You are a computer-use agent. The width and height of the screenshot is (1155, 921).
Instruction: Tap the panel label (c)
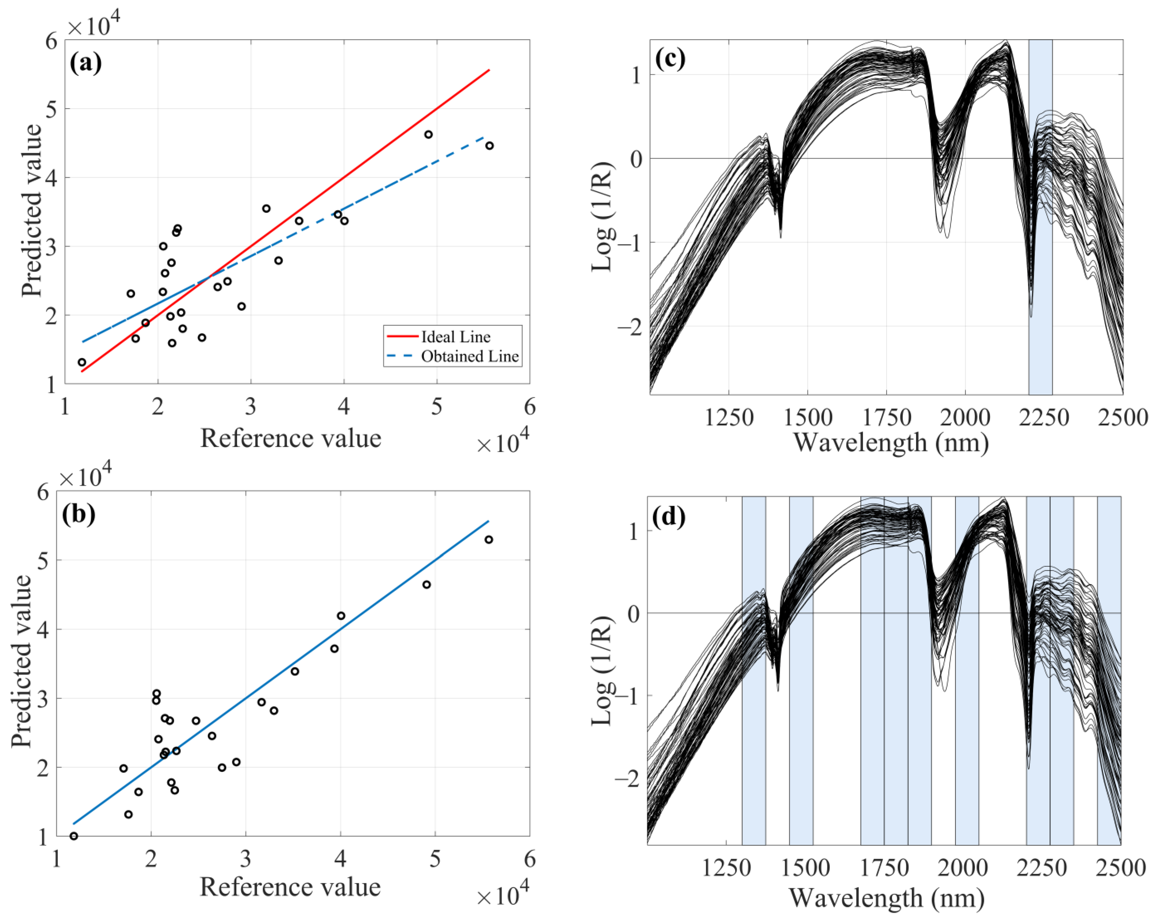[x=670, y=58]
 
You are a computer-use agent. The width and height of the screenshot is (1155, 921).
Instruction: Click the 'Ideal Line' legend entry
[x=455, y=337]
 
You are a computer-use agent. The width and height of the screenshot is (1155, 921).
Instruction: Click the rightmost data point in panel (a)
[x=489, y=146]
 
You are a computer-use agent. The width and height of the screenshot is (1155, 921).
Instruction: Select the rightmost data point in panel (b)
[x=488, y=540]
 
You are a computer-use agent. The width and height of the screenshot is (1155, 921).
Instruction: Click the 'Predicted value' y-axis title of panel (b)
[x=21, y=662]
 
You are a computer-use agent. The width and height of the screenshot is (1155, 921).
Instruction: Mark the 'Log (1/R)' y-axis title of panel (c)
[x=603, y=217]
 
